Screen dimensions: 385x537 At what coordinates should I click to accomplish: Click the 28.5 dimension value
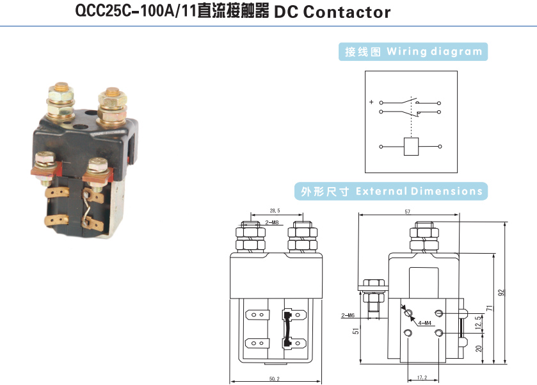coord(275,210)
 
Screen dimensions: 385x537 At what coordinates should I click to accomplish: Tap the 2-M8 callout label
coord(272,223)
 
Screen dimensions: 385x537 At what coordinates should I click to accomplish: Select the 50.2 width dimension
coord(274,379)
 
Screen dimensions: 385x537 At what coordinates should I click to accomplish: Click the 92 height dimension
coord(502,292)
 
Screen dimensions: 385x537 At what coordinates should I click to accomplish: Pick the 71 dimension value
coord(490,309)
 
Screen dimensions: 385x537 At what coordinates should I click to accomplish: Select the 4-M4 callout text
coord(424,324)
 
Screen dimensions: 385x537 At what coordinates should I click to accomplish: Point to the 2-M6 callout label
coord(348,316)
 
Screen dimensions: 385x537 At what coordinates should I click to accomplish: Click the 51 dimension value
coord(356,331)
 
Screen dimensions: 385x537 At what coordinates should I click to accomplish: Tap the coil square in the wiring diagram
coord(410,147)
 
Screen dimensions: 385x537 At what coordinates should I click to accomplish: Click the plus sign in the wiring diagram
coord(371,102)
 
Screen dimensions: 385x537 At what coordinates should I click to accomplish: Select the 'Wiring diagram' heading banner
coord(413,52)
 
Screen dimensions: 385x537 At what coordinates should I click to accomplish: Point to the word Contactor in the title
coord(346,12)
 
